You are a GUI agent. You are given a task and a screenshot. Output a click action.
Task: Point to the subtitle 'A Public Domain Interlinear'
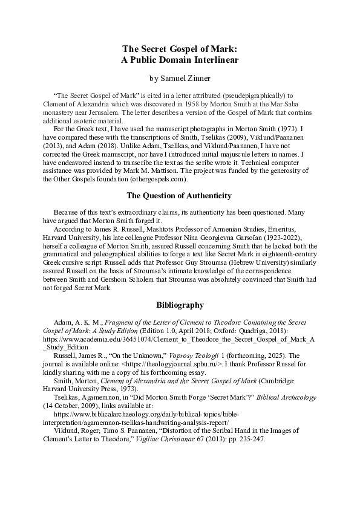180,60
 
